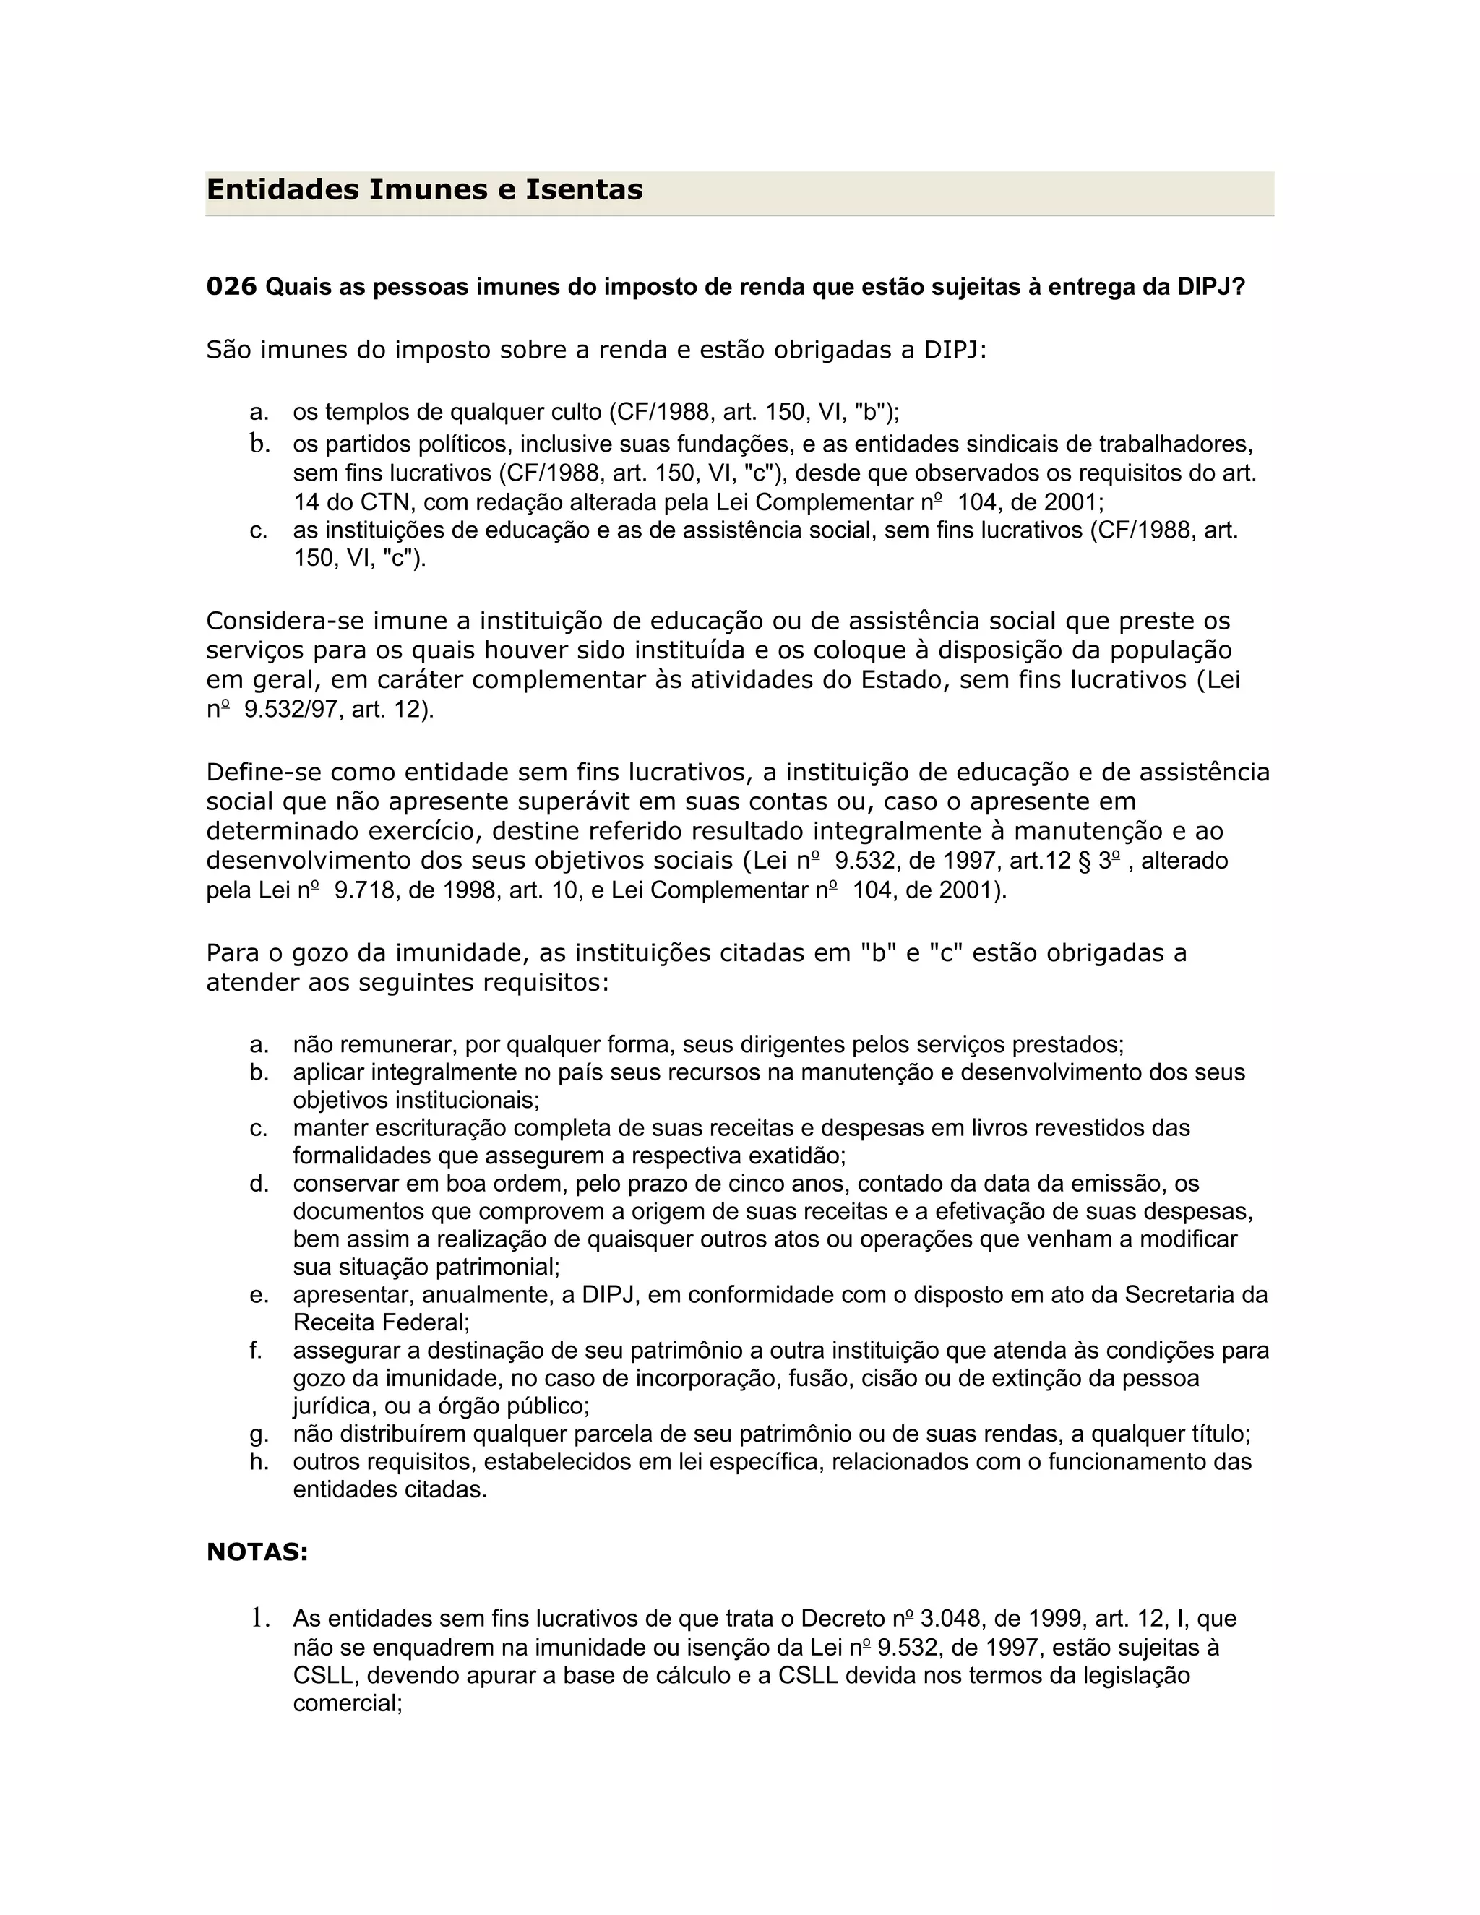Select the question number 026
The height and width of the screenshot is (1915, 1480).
[231, 287]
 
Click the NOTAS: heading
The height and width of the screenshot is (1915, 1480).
[257, 1552]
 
